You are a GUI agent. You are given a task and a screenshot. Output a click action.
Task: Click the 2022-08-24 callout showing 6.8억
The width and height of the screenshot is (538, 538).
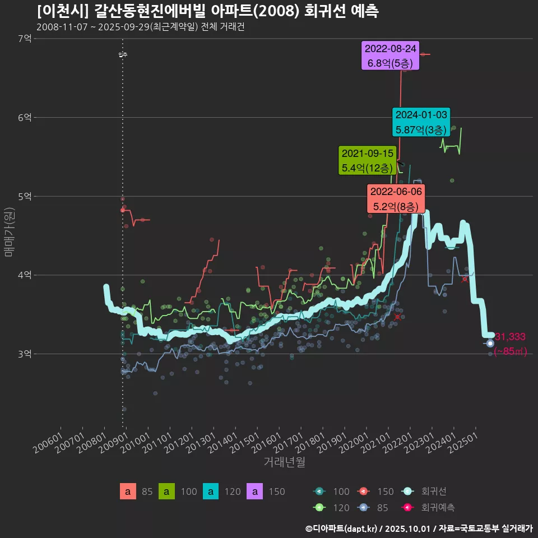point(391,56)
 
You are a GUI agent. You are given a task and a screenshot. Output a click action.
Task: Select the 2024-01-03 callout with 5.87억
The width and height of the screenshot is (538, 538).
point(421,122)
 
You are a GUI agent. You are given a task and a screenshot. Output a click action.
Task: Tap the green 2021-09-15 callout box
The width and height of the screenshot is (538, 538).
point(368,160)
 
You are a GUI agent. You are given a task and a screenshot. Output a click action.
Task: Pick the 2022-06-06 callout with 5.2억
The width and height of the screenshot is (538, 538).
point(396,199)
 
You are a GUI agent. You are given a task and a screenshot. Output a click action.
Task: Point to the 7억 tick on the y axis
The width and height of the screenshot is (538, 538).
point(25,39)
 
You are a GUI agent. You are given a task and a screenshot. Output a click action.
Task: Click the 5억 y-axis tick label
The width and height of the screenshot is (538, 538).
point(25,196)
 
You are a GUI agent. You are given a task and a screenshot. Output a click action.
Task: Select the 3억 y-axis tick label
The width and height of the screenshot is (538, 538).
point(25,354)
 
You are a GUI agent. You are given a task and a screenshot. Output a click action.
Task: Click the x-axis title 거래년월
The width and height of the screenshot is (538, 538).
point(284,462)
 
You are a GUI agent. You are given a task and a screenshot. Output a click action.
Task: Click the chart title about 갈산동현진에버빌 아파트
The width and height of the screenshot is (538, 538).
point(207,11)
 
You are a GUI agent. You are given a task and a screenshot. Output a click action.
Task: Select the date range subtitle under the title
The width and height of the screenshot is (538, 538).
point(140,27)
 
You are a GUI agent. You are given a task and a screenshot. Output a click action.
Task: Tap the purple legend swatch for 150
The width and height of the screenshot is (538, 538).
point(255,491)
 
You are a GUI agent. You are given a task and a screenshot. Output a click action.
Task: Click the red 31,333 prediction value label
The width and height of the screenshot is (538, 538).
point(509,337)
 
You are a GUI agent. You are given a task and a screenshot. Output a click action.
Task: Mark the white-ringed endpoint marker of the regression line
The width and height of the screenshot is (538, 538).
point(490,343)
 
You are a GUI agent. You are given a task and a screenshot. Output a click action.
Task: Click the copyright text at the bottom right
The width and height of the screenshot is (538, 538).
point(419,528)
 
